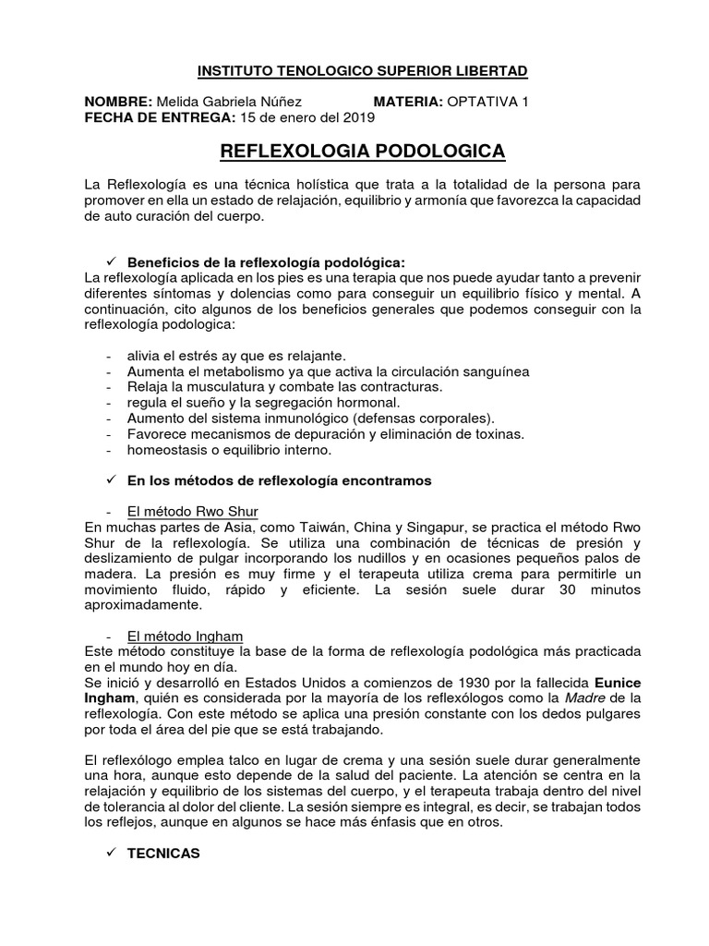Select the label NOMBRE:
[118, 102]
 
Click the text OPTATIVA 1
[488, 102]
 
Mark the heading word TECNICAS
[163, 855]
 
